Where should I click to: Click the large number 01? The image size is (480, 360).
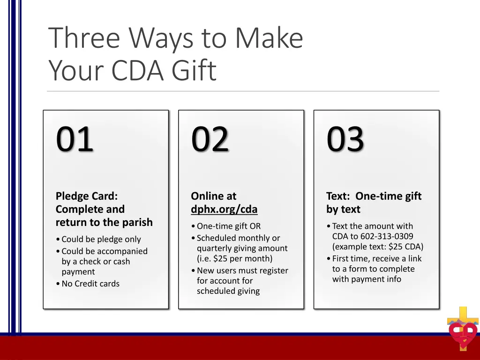coord(75,139)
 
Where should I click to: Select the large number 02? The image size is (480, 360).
coord(210,139)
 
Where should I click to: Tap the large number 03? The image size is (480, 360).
coord(345,139)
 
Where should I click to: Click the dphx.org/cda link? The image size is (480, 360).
coord(224,209)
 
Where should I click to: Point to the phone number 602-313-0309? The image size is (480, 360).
coord(387,236)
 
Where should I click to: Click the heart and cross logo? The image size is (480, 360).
coord(463,330)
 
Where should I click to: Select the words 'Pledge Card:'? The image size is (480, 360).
coord(87,196)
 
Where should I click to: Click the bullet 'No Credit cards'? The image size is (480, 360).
coord(90,284)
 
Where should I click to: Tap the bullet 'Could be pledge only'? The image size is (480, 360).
coord(101,239)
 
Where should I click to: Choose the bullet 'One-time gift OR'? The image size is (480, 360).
coord(228,226)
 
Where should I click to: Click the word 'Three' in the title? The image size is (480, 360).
coord(84,38)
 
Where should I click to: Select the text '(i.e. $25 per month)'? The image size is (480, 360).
coord(234,258)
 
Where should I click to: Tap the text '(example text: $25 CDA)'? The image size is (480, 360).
coord(378,247)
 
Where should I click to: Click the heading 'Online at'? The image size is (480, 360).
coord(214,196)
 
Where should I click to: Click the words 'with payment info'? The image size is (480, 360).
coord(367,279)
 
